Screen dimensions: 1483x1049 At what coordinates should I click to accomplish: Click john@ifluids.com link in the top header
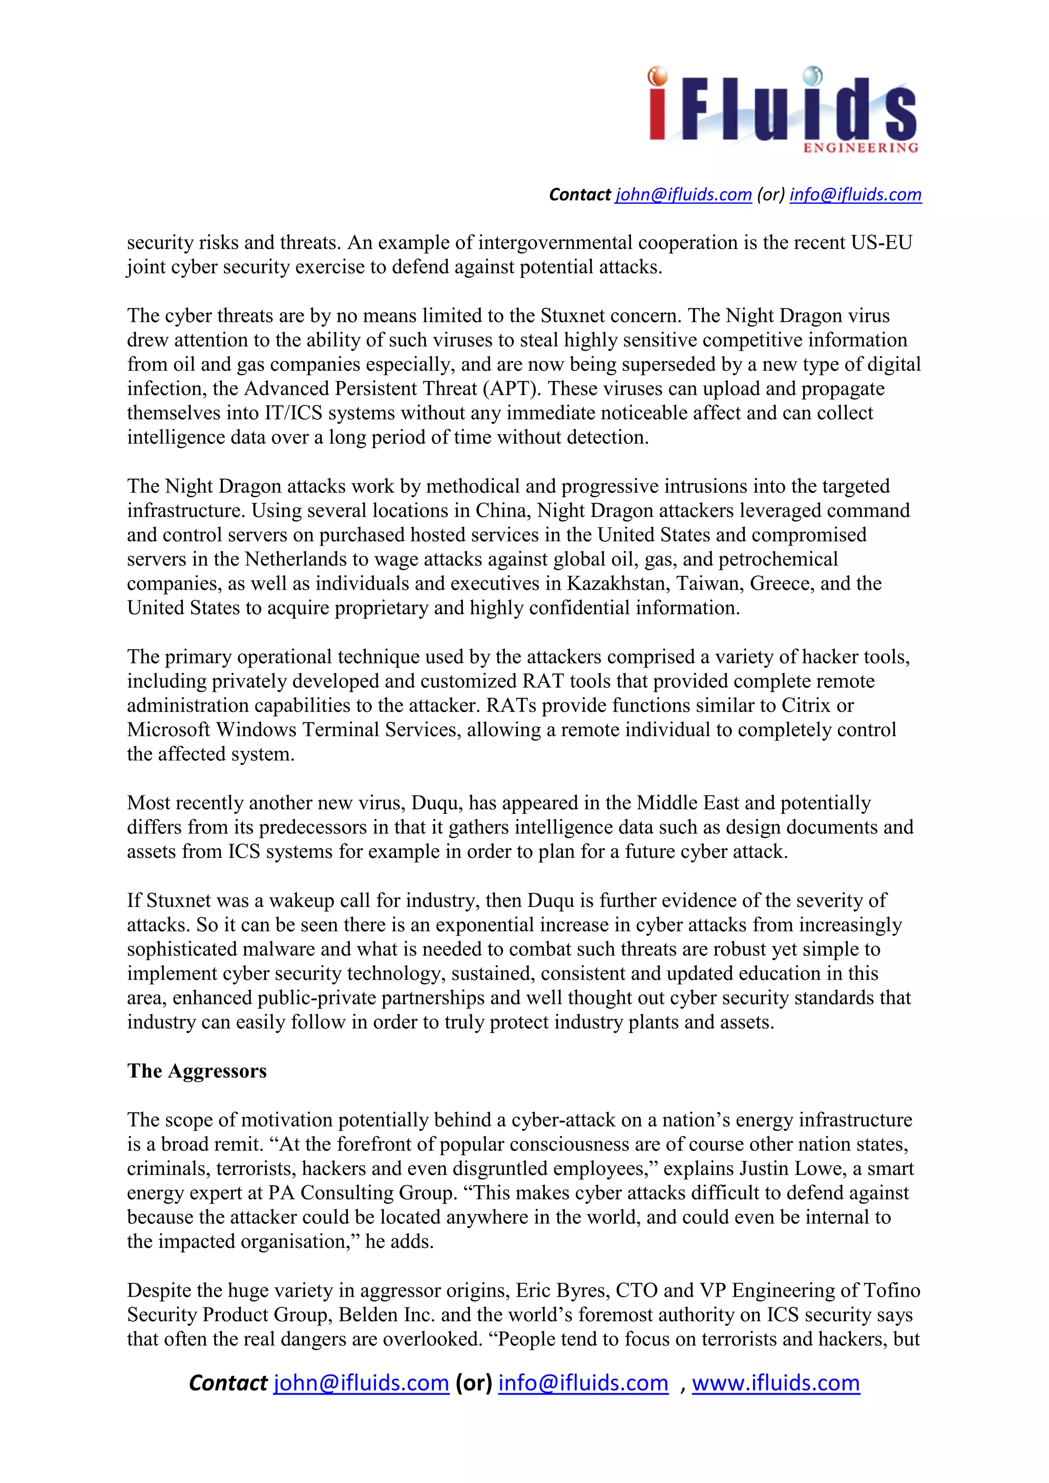(683, 195)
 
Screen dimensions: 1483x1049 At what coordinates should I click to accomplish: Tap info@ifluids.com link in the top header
(855, 195)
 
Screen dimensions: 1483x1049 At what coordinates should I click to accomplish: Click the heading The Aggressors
(197, 1071)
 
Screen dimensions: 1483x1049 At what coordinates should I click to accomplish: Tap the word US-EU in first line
(880, 242)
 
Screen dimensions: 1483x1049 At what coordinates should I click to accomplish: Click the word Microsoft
(168, 729)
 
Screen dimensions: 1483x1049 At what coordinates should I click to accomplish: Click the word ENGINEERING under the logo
(861, 148)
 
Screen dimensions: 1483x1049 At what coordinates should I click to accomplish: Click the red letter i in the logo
(657, 106)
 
